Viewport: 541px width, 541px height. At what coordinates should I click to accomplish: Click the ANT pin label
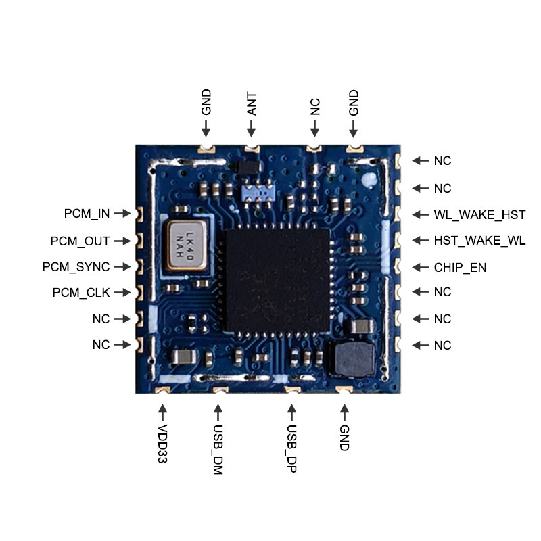pyautogui.click(x=251, y=104)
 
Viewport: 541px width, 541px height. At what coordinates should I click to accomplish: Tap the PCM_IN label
pyautogui.click(x=87, y=214)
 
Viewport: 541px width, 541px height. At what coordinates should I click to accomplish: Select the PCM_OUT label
pyautogui.click(x=80, y=241)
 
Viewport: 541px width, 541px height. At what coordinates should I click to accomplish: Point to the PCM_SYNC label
pyautogui.click(x=76, y=267)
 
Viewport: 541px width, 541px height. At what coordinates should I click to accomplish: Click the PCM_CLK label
pyautogui.click(x=81, y=293)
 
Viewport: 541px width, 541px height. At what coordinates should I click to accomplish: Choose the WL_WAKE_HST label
pyautogui.click(x=479, y=215)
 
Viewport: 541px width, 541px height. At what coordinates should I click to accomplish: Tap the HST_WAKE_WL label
pyautogui.click(x=479, y=241)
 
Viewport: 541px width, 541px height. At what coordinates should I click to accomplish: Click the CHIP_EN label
pyautogui.click(x=460, y=268)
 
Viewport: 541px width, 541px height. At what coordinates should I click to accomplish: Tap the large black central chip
pyautogui.click(x=278, y=279)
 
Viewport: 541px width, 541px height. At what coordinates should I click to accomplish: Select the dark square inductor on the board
pyautogui.click(x=350, y=358)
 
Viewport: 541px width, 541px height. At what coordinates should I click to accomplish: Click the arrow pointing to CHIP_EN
pyautogui.click(x=421, y=267)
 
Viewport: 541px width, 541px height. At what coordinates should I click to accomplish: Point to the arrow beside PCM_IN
pyautogui.click(x=122, y=214)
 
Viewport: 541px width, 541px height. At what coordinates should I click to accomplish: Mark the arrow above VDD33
pyautogui.click(x=162, y=411)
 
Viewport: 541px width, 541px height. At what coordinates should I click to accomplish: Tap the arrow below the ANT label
pyautogui.click(x=251, y=128)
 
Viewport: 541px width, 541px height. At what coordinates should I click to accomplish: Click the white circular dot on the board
pyautogui.click(x=369, y=181)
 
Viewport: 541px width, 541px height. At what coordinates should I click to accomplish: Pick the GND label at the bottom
pyautogui.click(x=344, y=438)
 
